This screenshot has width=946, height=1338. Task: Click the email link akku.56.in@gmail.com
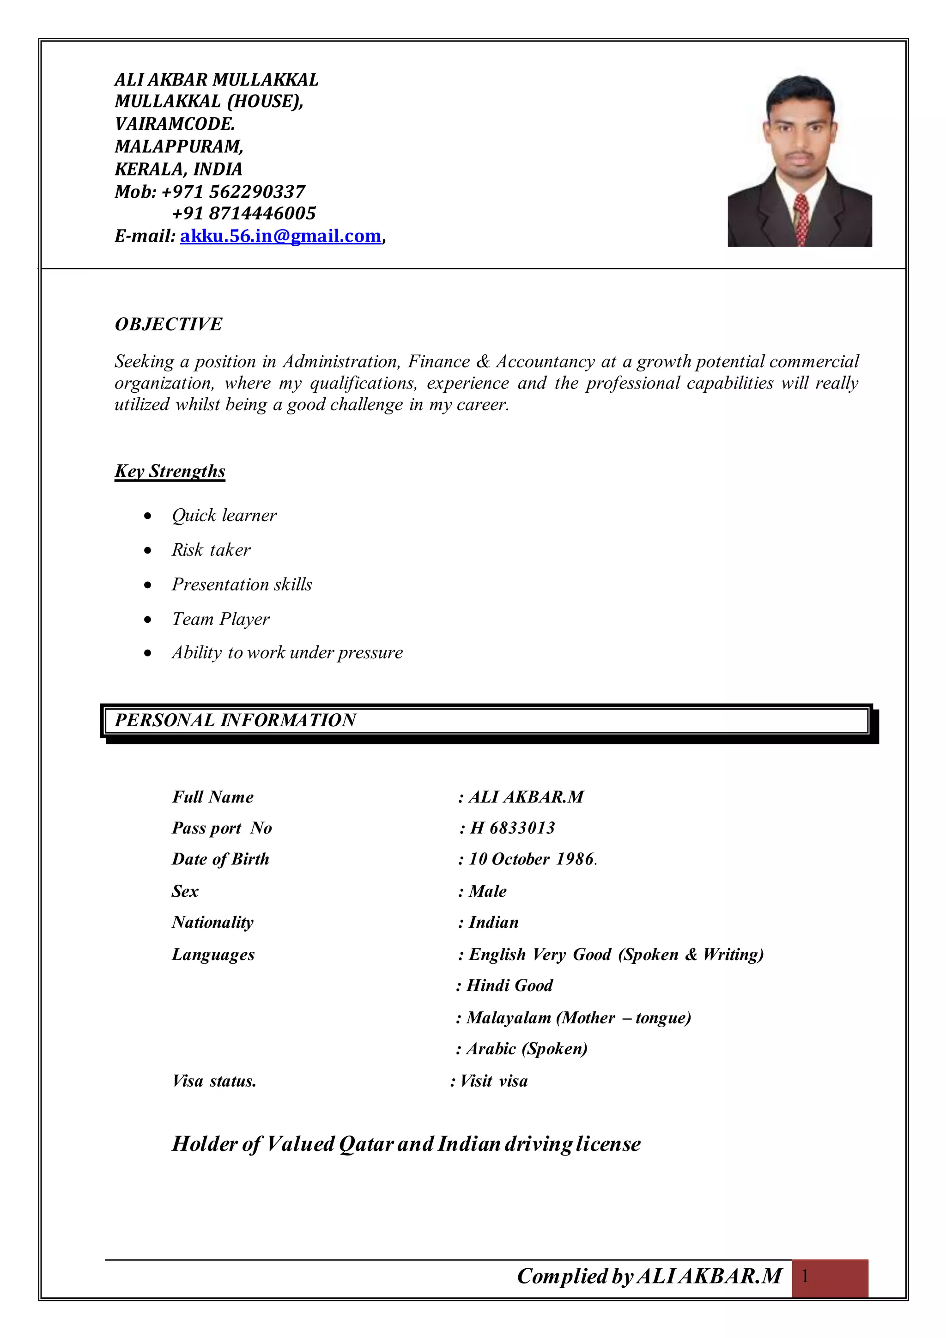click(x=280, y=236)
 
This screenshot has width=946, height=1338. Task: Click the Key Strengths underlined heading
click(x=170, y=471)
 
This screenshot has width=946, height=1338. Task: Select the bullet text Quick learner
click(x=224, y=515)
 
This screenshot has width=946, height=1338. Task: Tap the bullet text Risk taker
click(x=211, y=549)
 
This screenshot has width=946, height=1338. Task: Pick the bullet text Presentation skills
click(x=242, y=584)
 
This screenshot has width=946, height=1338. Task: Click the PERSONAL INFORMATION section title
click(x=235, y=720)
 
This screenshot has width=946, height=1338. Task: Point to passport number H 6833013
click(x=513, y=828)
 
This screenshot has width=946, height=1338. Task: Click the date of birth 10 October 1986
click(x=531, y=859)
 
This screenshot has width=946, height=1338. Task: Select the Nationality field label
click(x=212, y=922)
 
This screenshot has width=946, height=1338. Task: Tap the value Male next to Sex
click(x=488, y=891)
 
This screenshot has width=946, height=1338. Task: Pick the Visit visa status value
click(x=493, y=1081)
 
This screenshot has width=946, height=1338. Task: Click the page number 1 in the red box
click(x=805, y=1277)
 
